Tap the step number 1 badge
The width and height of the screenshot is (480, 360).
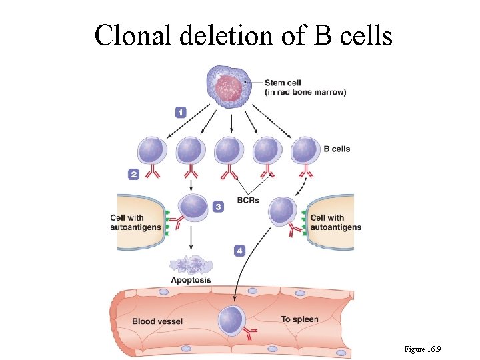(181, 113)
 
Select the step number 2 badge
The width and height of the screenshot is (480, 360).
(134, 174)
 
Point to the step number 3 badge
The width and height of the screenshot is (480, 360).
(218, 207)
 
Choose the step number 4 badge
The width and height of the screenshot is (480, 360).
(239, 251)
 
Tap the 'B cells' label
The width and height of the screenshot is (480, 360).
(337, 149)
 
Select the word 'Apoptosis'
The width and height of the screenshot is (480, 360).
(191, 280)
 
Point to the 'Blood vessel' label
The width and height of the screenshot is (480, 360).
(157, 321)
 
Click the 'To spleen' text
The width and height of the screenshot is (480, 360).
(299, 319)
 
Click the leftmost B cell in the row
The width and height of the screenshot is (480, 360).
(151, 150)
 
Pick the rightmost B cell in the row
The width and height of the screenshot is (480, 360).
(305, 150)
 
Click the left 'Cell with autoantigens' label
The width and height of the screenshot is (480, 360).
(136, 222)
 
